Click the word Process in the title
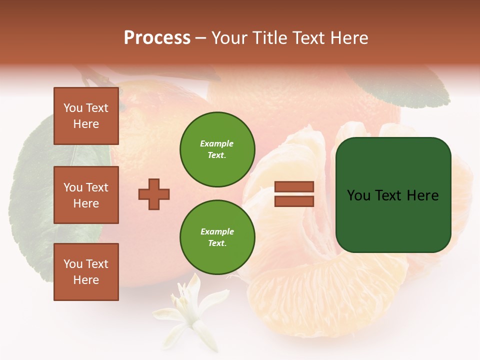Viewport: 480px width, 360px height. pos(157,37)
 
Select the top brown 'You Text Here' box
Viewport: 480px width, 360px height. pos(86,116)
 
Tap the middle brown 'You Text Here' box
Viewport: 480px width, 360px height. pos(86,195)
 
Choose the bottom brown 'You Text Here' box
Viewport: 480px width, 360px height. pos(86,272)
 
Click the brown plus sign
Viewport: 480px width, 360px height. pos(154,194)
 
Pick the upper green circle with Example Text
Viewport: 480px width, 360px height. pos(217,149)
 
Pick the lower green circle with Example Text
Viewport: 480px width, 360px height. pos(217,237)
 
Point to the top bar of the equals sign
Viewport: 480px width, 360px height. pos(294,187)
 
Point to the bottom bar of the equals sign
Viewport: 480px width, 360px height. pos(294,201)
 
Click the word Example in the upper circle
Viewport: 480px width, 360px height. pos(216,143)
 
